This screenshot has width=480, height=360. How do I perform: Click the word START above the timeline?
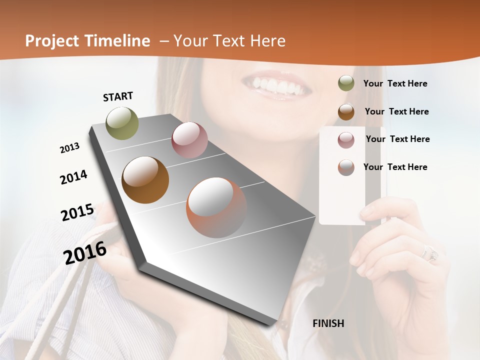tap(118, 96)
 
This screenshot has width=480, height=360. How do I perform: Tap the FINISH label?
tap(328, 323)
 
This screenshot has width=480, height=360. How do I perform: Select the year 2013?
tap(69, 148)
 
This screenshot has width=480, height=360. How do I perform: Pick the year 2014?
tap(73, 177)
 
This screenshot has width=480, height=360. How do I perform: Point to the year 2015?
tap(77, 212)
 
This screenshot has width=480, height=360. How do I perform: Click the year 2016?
tap(85, 253)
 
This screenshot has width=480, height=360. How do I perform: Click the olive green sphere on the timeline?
tap(122, 123)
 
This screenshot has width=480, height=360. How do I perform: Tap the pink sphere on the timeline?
tap(189, 140)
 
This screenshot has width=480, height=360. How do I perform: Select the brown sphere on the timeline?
tap(145, 180)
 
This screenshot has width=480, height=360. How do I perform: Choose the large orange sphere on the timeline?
tap(216, 207)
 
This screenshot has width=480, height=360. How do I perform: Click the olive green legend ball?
tap(346, 83)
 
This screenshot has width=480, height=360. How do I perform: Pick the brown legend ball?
tap(346, 111)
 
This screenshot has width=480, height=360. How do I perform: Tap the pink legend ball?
tap(346, 139)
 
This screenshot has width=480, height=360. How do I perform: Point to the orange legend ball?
tap(346, 167)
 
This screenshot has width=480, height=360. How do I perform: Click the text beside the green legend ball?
tap(395, 83)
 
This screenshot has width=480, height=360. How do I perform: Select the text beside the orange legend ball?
tap(395, 167)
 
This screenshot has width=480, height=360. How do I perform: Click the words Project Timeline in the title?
tap(87, 41)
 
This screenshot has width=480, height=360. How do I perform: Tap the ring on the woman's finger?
tap(430, 252)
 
